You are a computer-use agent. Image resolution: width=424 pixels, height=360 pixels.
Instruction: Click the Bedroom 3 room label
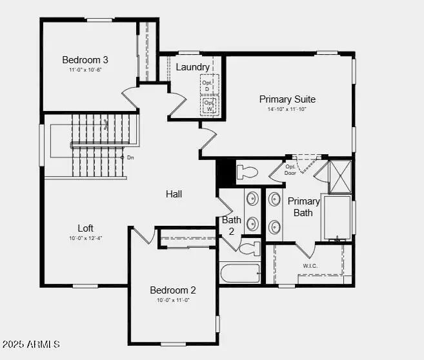coord(85,59)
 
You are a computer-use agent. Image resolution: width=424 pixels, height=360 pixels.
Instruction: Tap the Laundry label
coord(192,67)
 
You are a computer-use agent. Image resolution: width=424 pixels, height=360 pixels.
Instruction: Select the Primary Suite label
coord(287,99)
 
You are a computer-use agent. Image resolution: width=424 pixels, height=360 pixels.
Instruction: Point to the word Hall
coord(174,194)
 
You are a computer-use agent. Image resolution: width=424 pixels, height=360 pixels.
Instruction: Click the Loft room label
coord(85,228)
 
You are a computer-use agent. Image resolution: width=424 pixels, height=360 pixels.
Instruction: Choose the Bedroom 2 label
coord(173,290)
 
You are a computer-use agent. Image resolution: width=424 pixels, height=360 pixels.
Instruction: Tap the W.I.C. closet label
coord(310,265)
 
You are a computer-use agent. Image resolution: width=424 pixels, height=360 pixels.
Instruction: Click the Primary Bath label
coord(303,206)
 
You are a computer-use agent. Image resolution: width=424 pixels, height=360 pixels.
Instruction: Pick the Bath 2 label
coord(232,225)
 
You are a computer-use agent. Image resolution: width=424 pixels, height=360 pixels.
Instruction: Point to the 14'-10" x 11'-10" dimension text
coord(287,110)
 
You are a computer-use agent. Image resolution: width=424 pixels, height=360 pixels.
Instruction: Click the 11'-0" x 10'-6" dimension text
coord(85,70)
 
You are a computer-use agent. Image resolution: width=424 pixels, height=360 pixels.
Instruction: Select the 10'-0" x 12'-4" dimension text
coord(85,238)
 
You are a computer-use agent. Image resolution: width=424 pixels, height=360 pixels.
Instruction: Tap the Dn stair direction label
coord(130,157)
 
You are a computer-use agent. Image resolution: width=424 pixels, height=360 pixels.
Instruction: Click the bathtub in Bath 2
coord(239,273)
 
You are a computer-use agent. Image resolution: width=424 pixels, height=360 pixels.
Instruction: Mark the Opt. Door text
coord(290,170)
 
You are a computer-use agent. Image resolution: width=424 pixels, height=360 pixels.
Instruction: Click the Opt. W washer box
coord(209,105)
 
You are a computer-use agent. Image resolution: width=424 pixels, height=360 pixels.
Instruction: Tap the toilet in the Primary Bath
coord(247,172)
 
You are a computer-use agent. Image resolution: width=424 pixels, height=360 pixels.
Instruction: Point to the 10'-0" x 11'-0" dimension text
coord(173,300)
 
